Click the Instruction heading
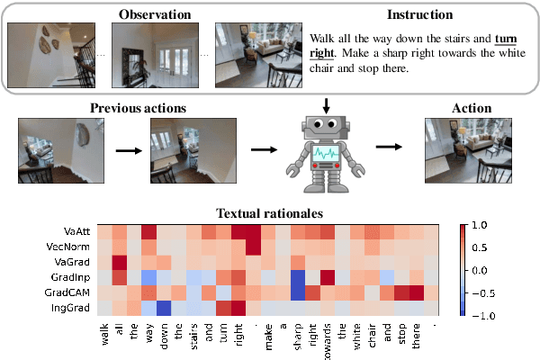[420, 13]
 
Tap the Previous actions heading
[138, 108]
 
